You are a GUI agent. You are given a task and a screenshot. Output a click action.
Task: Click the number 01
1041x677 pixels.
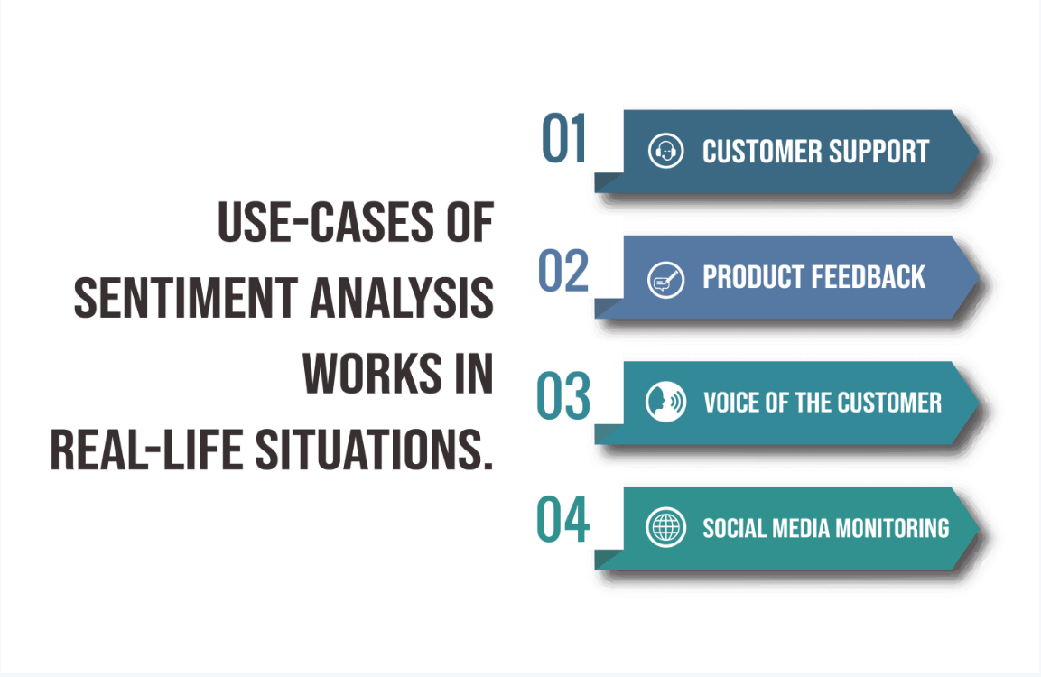point(564,140)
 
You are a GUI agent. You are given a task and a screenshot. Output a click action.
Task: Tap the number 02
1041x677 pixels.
point(563,270)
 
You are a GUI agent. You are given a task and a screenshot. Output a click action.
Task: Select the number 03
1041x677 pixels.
point(563,396)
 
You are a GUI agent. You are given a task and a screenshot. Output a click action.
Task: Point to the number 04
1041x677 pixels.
point(563,521)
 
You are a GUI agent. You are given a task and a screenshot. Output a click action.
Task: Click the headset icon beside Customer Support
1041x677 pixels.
point(665,151)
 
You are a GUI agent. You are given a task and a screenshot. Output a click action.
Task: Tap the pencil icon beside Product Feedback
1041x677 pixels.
point(665,277)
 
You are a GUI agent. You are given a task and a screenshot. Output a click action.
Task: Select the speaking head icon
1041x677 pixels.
point(665,402)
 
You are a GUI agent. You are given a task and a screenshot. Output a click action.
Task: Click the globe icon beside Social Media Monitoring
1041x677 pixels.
point(665,527)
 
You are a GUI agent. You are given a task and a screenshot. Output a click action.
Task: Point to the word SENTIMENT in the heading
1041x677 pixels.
point(185,298)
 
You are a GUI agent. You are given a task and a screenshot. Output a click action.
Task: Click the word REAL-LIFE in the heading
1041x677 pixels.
point(145,450)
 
